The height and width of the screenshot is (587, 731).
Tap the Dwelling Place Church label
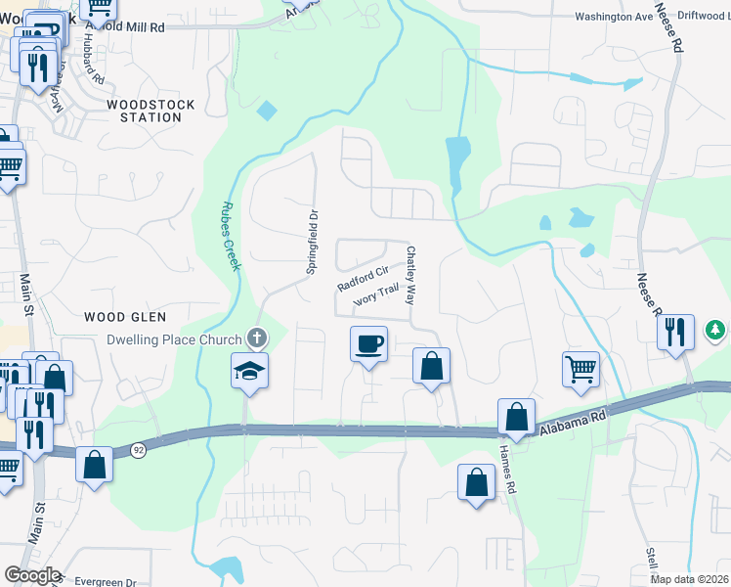(x=174, y=340)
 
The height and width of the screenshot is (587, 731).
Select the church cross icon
(x=257, y=339)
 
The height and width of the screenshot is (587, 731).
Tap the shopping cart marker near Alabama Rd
(x=580, y=368)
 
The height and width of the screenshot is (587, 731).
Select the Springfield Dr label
(x=313, y=241)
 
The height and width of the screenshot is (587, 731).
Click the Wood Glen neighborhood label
(x=125, y=317)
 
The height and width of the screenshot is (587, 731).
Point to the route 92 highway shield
(x=138, y=449)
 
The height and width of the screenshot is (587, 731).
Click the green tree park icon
(x=716, y=331)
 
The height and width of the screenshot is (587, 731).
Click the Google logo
(x=32, y=575)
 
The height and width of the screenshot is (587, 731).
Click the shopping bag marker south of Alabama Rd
(x=476, y=482)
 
